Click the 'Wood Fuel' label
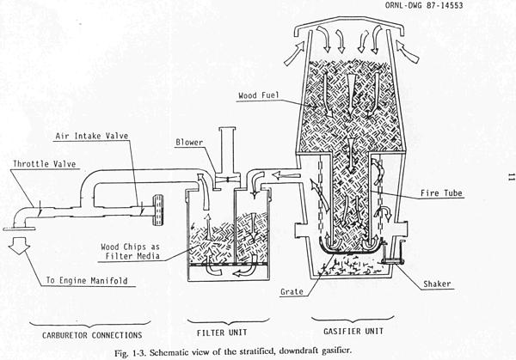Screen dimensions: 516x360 click(258, 95)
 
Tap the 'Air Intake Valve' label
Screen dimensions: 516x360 click(91, 136)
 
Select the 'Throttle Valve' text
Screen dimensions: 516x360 click(45, 164)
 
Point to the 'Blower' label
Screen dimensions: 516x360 click(189, 143)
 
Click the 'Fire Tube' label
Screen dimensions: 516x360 click(441, 193)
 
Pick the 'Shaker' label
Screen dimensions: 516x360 click(437, 284)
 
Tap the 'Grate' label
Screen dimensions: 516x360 click(292, 291)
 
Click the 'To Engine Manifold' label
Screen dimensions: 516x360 click(87, 280)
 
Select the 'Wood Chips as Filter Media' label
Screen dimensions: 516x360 click(131, 252)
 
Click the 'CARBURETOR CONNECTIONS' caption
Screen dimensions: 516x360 click(92, 335)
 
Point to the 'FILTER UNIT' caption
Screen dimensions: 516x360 click(222, 333)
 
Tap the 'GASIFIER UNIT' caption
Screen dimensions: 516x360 click(353, 331)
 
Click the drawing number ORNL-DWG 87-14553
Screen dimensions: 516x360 click(424, 5)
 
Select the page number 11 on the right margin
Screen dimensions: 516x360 click(511, 177)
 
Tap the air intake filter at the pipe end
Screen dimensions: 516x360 click(158, 211)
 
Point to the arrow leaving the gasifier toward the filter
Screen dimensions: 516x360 click(286, 176)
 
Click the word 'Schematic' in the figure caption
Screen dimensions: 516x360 click(167, 352)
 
